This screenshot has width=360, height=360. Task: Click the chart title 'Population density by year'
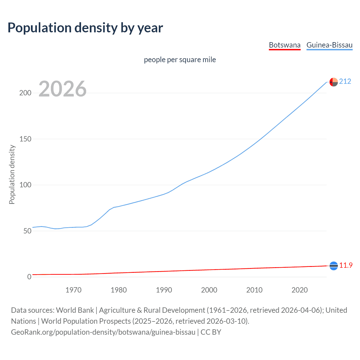[x=85, y=28]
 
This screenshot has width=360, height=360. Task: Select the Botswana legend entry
[x=285, y=45]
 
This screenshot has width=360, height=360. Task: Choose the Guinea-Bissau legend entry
[x=329, y=45]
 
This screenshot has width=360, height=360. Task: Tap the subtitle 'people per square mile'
[x=180, y=60]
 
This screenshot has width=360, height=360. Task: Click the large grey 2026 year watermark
[x=62, y=89]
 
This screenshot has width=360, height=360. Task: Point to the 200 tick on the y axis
[x=25, y=93]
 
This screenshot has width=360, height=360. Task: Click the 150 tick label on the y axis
[x=25, y=139]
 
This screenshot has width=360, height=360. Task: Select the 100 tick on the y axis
[x=25, y=185]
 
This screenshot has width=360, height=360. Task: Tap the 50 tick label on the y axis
[x=27, y=231]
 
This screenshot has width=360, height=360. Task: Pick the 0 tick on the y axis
[x=29, y=277]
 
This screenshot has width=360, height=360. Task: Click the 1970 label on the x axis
[x=73, y=290]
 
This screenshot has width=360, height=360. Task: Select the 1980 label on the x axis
[x=119, y=290]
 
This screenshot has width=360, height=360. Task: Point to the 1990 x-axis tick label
[x=164, y=290]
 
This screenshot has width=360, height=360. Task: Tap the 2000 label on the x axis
[x=209, y=290]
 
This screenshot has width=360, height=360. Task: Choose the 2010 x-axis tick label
[x=254, y=290]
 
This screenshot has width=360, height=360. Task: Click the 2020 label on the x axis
[x=300, y=290]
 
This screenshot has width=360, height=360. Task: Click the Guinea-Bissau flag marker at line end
[x=334, y=82]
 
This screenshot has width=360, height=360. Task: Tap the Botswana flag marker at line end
[x=334, y=266]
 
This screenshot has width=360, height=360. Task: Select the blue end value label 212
[x=345, y=82]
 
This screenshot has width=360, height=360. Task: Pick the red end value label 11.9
[x=346, y=265]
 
